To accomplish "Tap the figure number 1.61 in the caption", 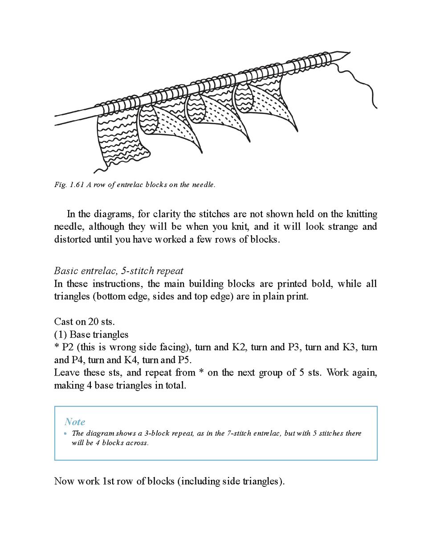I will [77, 185].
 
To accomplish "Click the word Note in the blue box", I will [75, 422].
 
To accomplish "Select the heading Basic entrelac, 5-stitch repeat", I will [118, 271].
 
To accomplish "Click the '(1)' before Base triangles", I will [61, 335].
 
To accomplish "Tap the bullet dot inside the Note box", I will [65, 433].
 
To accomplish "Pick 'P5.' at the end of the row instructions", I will [185, 360].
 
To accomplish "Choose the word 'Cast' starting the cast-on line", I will [63, 322].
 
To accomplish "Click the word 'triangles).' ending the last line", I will [263, 481].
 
